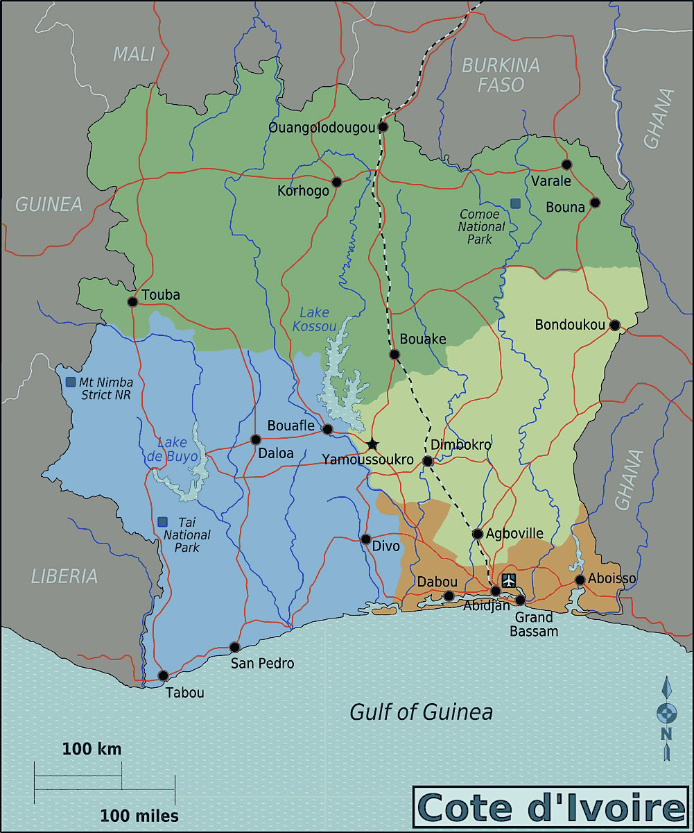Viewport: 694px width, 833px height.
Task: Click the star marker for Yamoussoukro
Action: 372,444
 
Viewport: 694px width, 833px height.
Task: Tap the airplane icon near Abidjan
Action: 510,580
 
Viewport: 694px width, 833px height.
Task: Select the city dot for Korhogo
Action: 337,182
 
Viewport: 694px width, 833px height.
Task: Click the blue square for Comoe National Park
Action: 515,203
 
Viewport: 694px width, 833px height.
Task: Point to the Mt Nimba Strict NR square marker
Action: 71,382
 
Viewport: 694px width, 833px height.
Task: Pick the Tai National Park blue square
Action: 162,521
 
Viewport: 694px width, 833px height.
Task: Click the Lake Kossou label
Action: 314,319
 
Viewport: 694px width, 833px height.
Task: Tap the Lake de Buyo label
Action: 177,449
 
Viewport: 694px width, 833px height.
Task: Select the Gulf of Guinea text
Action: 421,712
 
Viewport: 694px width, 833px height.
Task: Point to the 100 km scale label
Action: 92,749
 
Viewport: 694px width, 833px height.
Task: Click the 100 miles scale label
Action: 139,815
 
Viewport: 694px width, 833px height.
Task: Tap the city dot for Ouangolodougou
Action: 383,127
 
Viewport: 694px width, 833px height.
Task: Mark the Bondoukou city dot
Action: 614,325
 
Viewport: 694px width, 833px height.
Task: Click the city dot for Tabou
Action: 163,675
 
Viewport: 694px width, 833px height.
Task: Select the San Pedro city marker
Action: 234,647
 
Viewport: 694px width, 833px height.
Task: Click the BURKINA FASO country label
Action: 501,75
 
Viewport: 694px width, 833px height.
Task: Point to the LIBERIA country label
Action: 64,575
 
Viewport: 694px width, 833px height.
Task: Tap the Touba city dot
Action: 132,301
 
